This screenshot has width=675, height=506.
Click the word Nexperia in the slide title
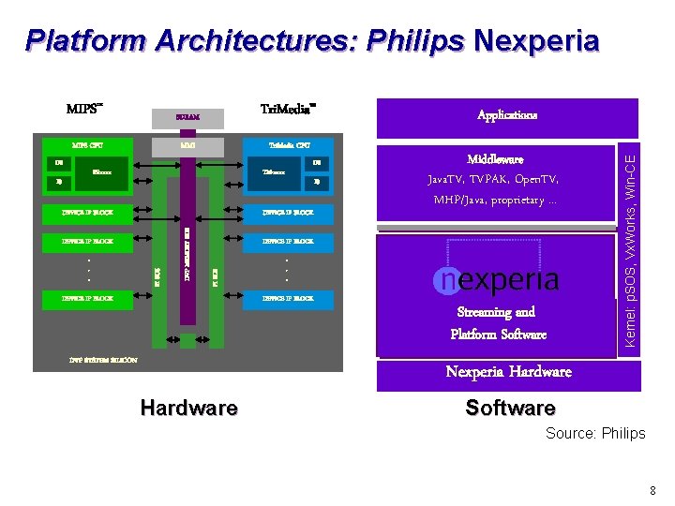536,40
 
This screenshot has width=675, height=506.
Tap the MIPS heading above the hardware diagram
83,110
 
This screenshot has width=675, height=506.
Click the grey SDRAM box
188,118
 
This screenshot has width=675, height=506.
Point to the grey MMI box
188,146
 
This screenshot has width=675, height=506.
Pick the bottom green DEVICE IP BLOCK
87,299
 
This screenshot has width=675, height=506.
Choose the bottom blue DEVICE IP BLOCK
290,299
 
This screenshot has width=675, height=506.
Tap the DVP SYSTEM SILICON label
103,360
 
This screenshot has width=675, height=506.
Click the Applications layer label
507,116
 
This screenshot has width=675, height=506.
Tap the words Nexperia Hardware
508,372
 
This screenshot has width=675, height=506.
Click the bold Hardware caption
188,408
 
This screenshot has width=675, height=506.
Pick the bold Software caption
510,408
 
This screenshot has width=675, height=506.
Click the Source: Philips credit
596,433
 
